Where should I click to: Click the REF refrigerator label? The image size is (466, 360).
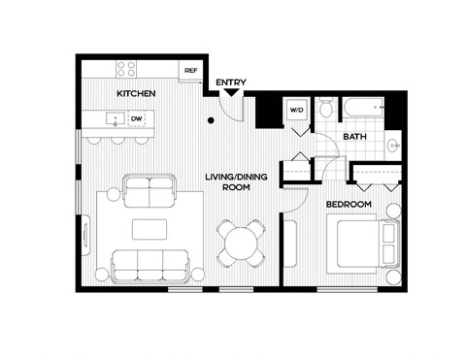(190, 70)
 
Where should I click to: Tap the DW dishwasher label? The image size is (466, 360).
(137, 119)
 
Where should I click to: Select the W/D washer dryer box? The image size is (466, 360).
(296, 112)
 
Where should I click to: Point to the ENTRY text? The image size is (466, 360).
(230, 82)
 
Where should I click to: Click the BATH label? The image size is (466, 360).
(353, 137)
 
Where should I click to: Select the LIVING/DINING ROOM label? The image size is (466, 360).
(227, 181)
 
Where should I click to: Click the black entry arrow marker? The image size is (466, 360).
(230, 94)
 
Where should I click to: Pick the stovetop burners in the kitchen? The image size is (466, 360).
(126, 69)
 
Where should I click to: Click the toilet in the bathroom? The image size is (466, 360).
(327, 108)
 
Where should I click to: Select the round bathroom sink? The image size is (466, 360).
(392, 147)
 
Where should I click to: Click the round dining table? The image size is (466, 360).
(240, 242)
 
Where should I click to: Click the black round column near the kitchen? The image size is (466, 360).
(210, 120)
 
